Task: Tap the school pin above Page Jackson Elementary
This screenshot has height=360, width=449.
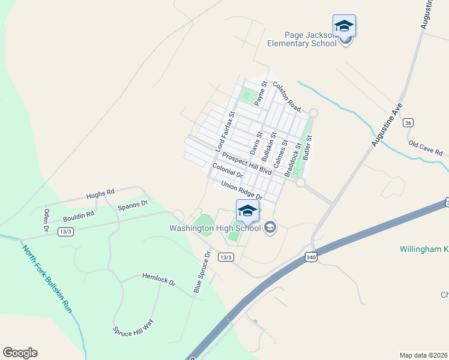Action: click(x=344, y=27)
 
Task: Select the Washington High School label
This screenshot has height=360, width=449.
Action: click(x=214, y=228)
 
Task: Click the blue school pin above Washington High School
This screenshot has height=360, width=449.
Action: click(x=247, y=211)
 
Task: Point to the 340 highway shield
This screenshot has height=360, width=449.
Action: click(x=311, y=256)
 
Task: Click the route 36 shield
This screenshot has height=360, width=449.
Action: click(x=408, y=122)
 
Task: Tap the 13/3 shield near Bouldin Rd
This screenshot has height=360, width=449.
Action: click(x=66, y=232)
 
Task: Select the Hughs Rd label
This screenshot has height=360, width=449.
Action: click(x=100, y=194)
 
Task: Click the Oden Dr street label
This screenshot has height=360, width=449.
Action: click(x=46, y=220)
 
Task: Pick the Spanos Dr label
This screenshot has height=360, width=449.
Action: click(x=133, y=205)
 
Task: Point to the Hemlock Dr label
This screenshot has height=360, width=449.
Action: click(x=158, y=279)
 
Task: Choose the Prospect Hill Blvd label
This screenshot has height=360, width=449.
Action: click(x=246, y=163)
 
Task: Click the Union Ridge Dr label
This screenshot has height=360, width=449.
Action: click(x=242, y=190)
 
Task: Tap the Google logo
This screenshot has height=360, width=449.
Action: click(x=20, y=353)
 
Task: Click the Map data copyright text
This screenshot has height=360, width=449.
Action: click(x=424, y=355)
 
